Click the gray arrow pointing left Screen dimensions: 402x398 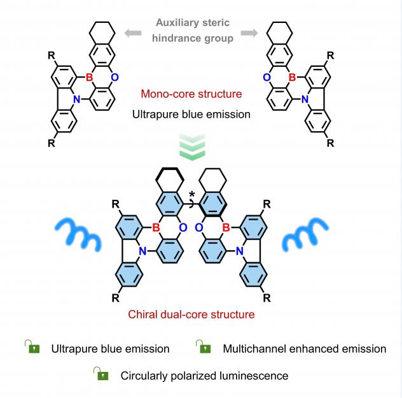(x=133, y=33)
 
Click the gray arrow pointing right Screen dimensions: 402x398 (x=249, y=33)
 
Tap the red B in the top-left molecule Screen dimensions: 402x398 (x=89, y=77)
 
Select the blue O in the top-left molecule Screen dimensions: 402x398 (x=115, y=77)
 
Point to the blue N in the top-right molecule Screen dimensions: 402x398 (x=305, y=99)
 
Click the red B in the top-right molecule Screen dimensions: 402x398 (x=292, y=77)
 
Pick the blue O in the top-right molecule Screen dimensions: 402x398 (x=267, y=77)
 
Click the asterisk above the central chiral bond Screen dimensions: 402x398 (x=191, y=194)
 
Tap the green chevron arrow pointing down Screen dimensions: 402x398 (x=192, y=146)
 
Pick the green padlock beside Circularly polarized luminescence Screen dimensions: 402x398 (x=100, y=374)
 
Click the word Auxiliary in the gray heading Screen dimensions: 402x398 (x=176, y=23)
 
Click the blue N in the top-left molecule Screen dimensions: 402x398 (x=77, y=99)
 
